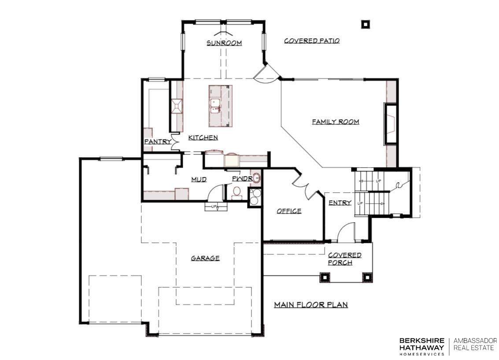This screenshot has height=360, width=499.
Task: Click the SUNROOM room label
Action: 224,43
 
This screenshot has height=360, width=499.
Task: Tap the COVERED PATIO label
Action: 311,40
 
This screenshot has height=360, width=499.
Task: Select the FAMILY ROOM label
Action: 336,121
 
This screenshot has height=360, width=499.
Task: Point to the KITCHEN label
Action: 203,137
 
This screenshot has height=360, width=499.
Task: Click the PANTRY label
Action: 158,142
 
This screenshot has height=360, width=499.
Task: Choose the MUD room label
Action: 199,180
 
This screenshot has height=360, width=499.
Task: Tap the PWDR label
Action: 242,179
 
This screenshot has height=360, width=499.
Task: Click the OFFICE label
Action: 289,211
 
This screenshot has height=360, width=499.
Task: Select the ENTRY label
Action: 340,202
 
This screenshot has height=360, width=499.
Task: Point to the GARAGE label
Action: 205,258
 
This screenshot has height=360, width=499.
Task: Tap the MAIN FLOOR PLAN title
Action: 311,305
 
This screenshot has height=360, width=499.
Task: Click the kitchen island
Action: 220,106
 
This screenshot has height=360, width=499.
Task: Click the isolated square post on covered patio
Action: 366,24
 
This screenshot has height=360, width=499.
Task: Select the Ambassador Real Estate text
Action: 475,344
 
